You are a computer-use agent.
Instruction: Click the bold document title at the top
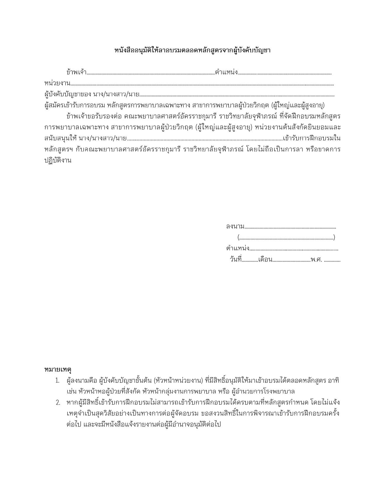click(x=192, y=50)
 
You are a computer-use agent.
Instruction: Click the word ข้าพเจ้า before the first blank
click(x=76, y=72)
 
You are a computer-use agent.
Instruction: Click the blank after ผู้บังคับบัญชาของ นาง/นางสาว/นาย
click(x=237, y=96)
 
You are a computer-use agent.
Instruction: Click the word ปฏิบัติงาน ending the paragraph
click(x=58, y=160)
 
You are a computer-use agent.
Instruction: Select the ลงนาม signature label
click(x=235, y=227)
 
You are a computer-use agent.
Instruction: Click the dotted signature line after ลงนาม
click(x=290, y=227)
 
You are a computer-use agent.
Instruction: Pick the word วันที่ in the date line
click(x=235, y=260)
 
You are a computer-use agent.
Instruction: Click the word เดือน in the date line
click(x=265, y=260)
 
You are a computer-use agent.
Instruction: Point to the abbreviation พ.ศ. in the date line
click(x=316, y=260)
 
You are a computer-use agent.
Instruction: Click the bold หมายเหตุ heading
click(x=58, y=369)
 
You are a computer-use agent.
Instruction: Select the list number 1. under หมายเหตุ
click(x=58, y=381)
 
